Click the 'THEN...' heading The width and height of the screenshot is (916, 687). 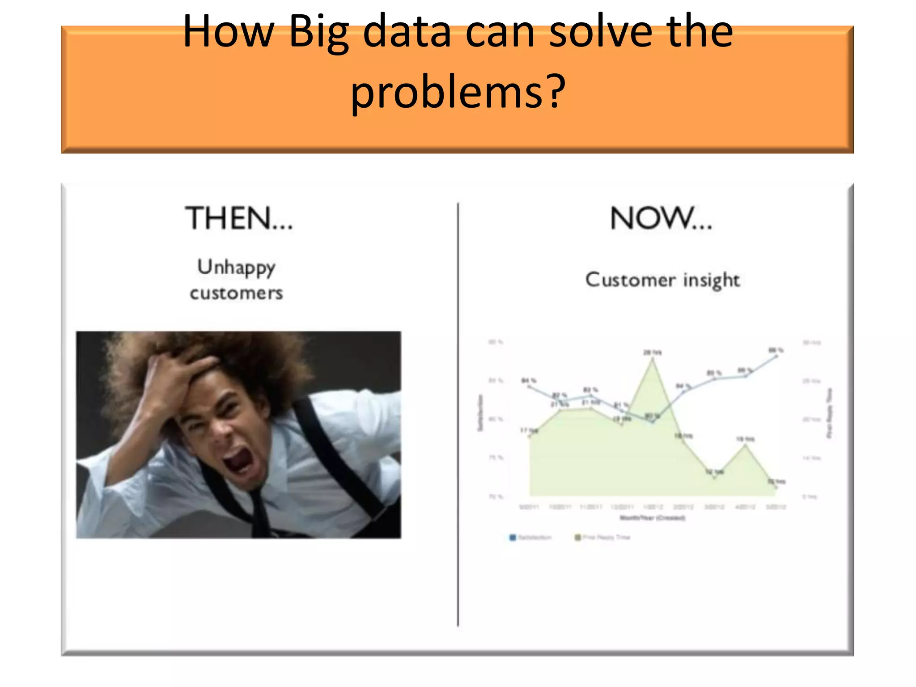[239, 219]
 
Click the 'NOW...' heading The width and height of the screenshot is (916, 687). [661, 219]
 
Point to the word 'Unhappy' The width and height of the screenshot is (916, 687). [236, 267]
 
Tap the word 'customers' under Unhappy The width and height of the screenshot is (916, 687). [236, 293]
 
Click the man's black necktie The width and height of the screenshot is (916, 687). [259, 510]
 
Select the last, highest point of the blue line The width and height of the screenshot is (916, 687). [776, 356]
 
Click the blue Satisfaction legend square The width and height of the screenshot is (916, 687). [513, 537]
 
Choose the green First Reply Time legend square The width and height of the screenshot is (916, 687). [577, 537]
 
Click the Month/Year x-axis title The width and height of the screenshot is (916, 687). [652, 518]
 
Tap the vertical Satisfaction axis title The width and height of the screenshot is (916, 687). [480, 412]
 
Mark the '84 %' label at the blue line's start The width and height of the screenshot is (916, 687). [529, 381]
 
